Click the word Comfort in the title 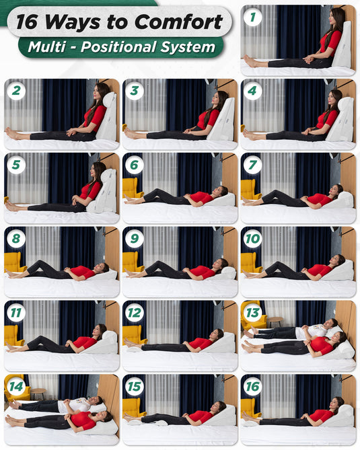pos(178,22)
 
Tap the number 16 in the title pos(27,22)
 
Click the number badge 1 pos(252,17)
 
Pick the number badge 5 pos(16,165)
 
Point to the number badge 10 pos(252,239)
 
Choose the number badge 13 pos(252,313)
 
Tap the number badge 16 pos(252,386)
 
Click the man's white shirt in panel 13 pos(311,332)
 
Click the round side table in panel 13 pos(275,322)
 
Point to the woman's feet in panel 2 pos(12,134)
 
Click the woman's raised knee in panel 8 pos(39,262)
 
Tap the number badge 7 pos(252,165)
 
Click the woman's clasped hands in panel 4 pos(306,131)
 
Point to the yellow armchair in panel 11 pos(13,336)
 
